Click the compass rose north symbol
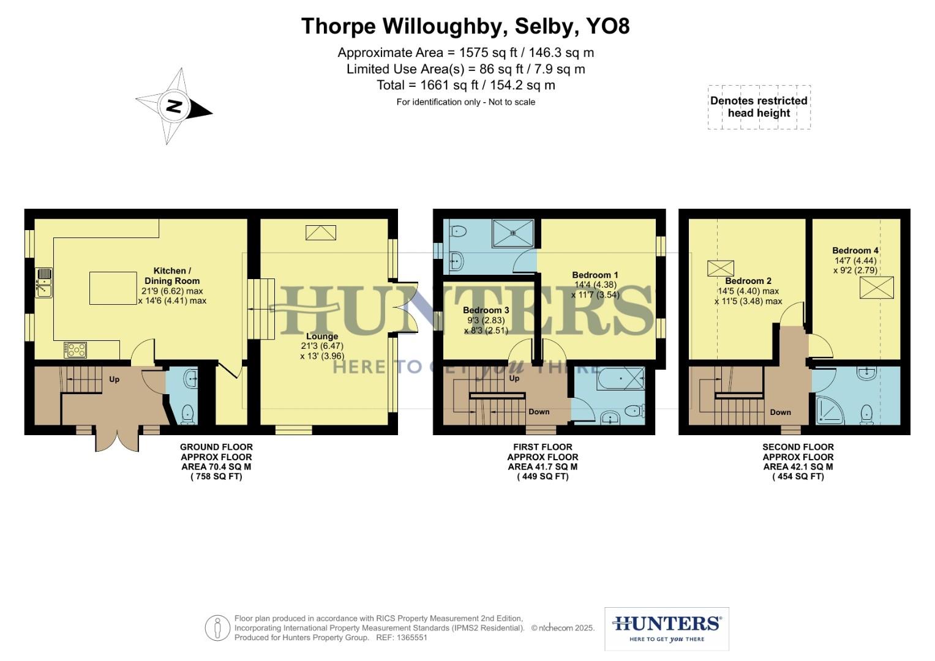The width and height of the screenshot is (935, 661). [175, 106]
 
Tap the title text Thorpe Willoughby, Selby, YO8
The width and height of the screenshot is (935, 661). [465, 26]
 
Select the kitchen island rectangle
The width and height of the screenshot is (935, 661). [113, 288]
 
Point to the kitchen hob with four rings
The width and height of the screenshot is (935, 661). [75, 350]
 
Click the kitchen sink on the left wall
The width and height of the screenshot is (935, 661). [43, 283]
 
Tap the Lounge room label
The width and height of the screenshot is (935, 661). [322, 336]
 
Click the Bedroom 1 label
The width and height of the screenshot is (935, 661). [595, 275]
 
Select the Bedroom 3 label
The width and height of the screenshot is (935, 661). [486, 310]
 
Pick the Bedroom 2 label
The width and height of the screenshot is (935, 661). [748, 281]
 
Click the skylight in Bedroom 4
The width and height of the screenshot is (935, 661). [876, 288]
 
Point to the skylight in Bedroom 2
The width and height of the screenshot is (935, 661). [720, 268]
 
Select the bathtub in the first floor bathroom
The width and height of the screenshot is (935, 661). [621, 379]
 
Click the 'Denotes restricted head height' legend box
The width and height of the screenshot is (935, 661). [759, 107]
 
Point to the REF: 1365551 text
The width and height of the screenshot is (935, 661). [401, 637]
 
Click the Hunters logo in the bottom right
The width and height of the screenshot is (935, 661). [666, 629]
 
